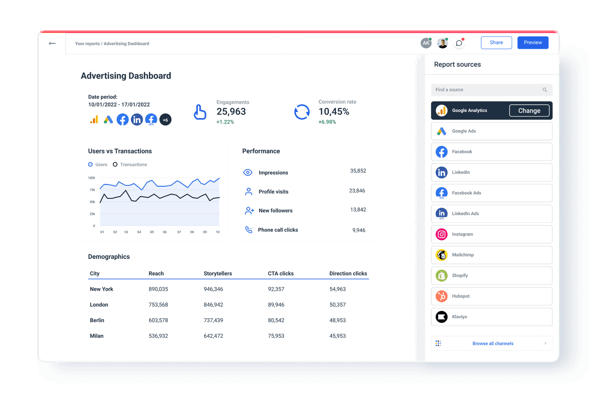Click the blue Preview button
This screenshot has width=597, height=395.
point(533,43)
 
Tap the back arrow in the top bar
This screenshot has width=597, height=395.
point(52,43)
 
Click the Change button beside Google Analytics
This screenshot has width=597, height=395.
point(529,111)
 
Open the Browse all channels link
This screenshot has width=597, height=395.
point(493,344)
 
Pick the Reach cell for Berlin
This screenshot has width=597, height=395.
point(158,320)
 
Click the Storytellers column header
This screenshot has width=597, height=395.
point(218,273)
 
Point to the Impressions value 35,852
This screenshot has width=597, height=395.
point(358,171)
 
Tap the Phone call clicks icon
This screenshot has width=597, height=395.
point(249,230)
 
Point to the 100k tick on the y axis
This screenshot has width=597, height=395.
point(92,178)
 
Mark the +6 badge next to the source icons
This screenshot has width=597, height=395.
point(165,120)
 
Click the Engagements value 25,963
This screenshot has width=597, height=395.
point(231,112)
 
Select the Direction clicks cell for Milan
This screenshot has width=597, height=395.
point(337,336)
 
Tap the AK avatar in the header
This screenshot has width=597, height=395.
point(426,43)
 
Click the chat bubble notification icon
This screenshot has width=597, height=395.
point(459,43)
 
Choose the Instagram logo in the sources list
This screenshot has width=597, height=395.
point(442,234)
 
